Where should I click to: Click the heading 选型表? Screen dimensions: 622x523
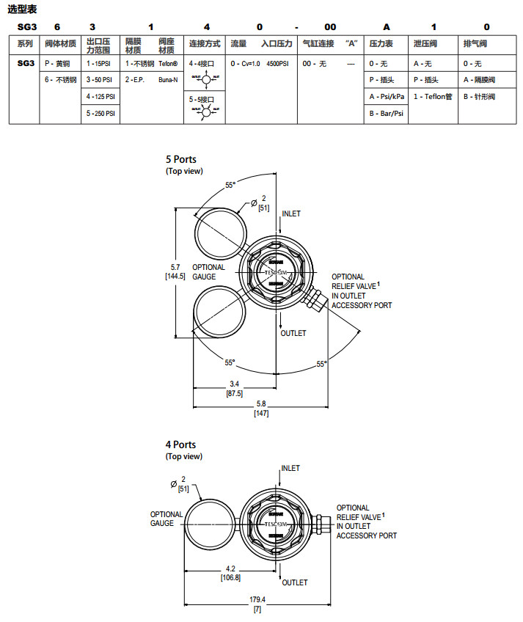pos(23,9)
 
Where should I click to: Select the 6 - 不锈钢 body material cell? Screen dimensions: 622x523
pos(60,79)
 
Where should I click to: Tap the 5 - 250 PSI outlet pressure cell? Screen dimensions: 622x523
pos(101,114)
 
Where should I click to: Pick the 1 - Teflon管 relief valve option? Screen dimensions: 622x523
pos(433,96)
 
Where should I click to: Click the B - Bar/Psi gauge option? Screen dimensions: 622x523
pos(386,114)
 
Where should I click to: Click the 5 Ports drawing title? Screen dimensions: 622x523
pos(181,159)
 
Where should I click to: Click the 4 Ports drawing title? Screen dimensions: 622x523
pos(181,444)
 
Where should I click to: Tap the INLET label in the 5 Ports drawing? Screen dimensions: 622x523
pos(291,213)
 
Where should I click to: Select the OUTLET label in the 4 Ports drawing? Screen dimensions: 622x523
pos(295,582)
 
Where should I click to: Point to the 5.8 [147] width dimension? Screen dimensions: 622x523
pos(261,409)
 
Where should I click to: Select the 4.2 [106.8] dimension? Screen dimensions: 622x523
pos(231,573)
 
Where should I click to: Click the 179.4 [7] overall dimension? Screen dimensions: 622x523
pos(257,605)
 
